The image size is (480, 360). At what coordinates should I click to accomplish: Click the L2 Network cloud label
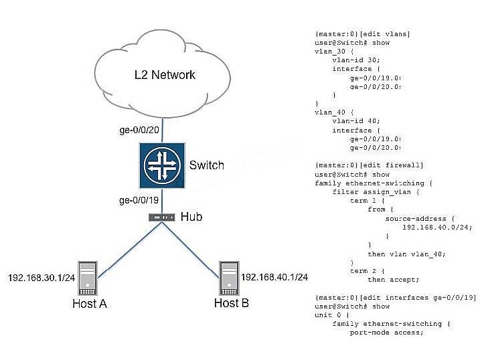[165, 75]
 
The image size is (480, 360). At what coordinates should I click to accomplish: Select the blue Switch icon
[162, 165]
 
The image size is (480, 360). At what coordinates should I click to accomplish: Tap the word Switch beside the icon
[207, 165]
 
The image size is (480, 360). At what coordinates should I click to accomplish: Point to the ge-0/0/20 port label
[139, 130]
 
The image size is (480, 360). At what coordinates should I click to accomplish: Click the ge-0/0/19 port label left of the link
[139, 200]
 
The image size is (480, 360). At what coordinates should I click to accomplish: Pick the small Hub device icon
[161, 217]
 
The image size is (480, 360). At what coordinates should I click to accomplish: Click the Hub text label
[191, 217]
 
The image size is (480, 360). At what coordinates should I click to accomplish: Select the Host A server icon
[88, 278]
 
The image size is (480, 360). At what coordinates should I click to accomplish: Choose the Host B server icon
[229, 278]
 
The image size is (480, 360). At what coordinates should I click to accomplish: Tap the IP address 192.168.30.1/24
[42, 278]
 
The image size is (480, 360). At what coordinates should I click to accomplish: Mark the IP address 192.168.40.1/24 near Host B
[274, 277]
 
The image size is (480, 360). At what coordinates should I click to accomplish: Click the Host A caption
[90, 303]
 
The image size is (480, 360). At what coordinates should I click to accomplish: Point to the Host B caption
[232, 303]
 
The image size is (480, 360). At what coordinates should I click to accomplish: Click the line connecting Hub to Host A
[129, 250]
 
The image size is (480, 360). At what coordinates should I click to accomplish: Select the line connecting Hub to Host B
[191, 250]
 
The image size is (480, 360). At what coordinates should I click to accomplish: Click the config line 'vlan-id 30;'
[356, 60]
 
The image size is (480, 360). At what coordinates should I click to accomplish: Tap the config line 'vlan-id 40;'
[356, 121]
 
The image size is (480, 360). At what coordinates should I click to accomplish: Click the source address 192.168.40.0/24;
[437, 228]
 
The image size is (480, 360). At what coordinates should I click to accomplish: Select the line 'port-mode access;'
[387, 333]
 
